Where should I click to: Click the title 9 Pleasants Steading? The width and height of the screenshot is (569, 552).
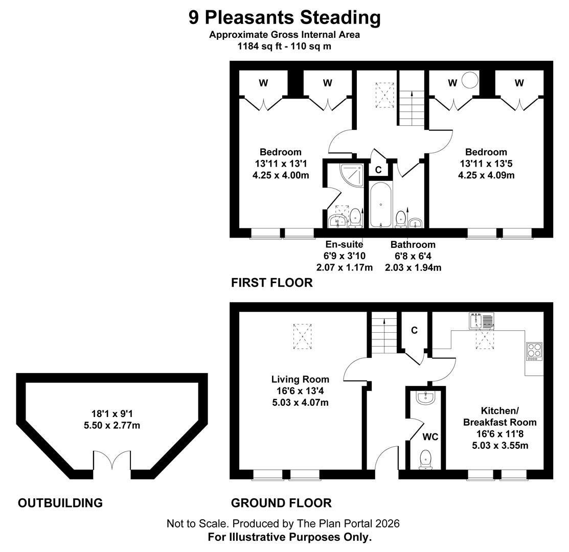[284, 17]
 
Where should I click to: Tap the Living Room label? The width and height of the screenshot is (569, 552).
[300, 379]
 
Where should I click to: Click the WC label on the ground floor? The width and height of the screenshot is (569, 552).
[430, 437]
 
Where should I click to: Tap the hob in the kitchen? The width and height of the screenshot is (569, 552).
[534, 352]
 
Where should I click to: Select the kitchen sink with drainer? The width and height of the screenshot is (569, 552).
[481, 320]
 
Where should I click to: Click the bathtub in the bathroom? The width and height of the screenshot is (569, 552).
[381, 204]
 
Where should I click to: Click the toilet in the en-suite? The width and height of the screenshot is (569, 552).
[355, 217]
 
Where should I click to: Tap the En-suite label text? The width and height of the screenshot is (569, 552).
[344, 245]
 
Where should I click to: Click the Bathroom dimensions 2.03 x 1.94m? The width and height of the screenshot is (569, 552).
[413, 267]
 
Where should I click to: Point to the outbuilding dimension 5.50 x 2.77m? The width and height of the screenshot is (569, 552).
[112, 425]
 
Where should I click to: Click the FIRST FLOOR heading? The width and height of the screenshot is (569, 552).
[271, 283]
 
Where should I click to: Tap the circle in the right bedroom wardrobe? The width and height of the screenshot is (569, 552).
[469, 80]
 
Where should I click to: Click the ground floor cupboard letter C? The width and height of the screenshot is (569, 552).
[414, 330]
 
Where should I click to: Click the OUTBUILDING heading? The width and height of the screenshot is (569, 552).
[60, 503]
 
